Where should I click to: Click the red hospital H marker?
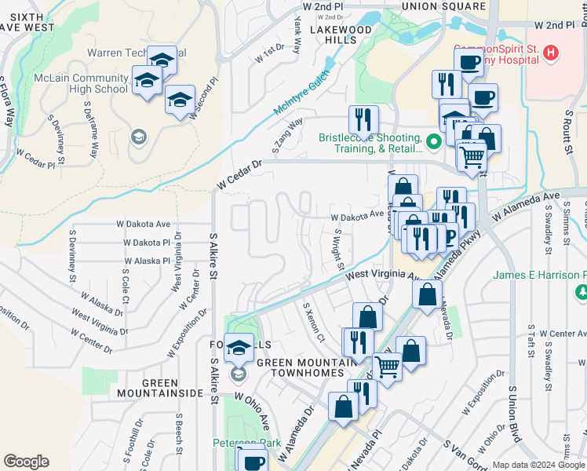551,53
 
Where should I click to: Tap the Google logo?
26,462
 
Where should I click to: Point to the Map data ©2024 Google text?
539,465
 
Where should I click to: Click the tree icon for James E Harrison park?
582,292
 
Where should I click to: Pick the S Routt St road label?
567,130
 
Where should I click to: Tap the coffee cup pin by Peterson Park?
252,462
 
